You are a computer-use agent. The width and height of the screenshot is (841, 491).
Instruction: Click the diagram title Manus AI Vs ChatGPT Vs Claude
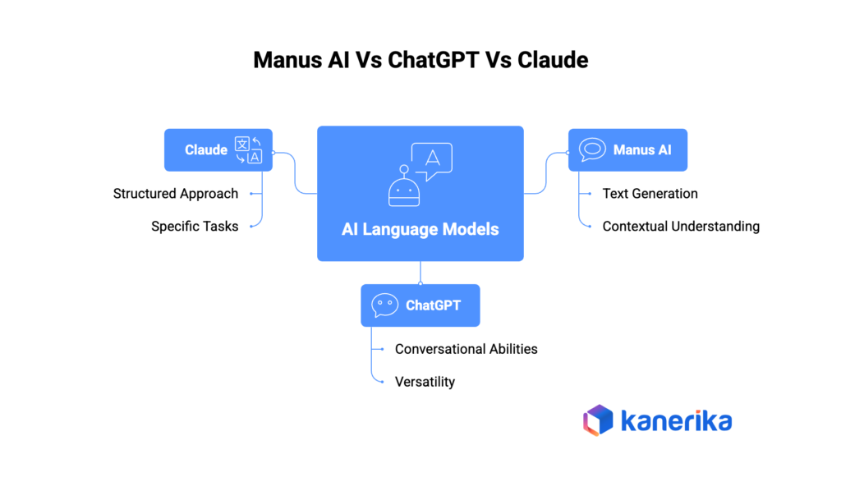coord(420,60)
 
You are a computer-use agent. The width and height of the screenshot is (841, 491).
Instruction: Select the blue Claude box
coord(218,149)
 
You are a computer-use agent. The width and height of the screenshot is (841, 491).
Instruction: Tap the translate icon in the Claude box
coord(248,149)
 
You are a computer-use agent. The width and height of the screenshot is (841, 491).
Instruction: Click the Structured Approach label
coord(176,194)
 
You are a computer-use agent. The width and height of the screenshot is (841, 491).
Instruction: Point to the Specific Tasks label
coord(195,226)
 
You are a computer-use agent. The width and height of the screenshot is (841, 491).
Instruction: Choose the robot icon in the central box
coord(403,186)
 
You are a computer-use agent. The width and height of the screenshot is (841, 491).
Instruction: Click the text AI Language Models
coord(420,229)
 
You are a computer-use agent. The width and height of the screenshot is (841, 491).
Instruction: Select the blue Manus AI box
coord(627,149)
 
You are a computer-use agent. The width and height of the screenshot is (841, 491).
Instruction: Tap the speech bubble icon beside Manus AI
coord(592,149)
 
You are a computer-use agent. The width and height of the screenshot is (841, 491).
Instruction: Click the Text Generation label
coord(650,194)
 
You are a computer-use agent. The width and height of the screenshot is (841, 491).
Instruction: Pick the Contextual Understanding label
coord(681,226)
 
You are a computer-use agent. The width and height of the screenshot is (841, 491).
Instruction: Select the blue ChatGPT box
coord(420,305)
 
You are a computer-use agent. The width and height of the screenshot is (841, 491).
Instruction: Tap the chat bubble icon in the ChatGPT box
coord(384,305)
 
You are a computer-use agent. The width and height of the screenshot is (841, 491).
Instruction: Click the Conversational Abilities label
coord(466,349)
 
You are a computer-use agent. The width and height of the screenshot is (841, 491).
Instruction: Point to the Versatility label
coord(425,382)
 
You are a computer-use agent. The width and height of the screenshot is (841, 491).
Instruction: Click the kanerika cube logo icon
coord(598,420)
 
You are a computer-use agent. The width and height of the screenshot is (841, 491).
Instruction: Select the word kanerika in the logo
coord(676,421)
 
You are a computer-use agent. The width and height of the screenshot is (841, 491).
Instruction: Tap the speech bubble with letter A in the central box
coord(433,160)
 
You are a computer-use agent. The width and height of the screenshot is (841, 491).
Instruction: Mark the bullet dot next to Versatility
coord(382,382)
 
